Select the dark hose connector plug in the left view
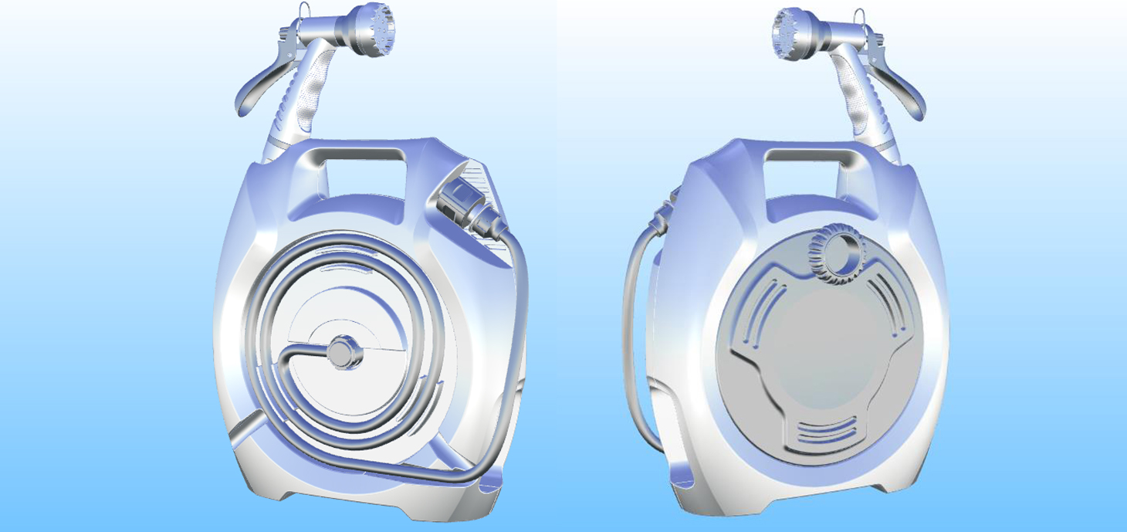(469, 208)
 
